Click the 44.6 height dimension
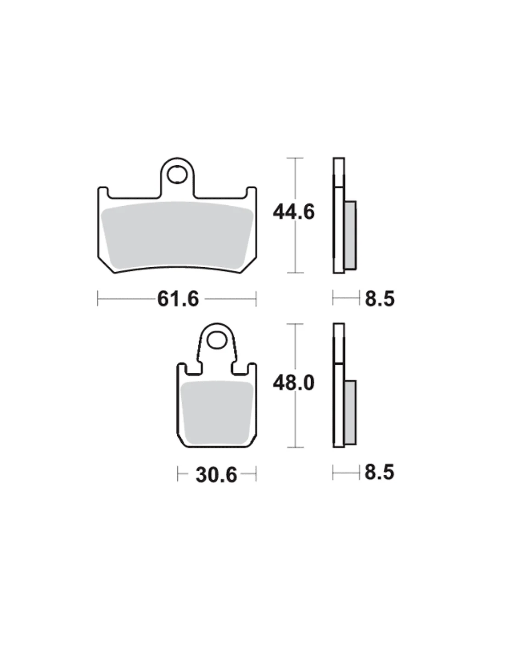pos(293,212)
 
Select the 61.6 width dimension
pos(178,298)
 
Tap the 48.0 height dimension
pos(293,383)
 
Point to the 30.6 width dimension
pos(216,475)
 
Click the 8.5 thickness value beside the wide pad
pos(379,298)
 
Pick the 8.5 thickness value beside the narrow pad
pos(379,472)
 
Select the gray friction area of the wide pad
pos(177,235)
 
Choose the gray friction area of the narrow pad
pos(217,412)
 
